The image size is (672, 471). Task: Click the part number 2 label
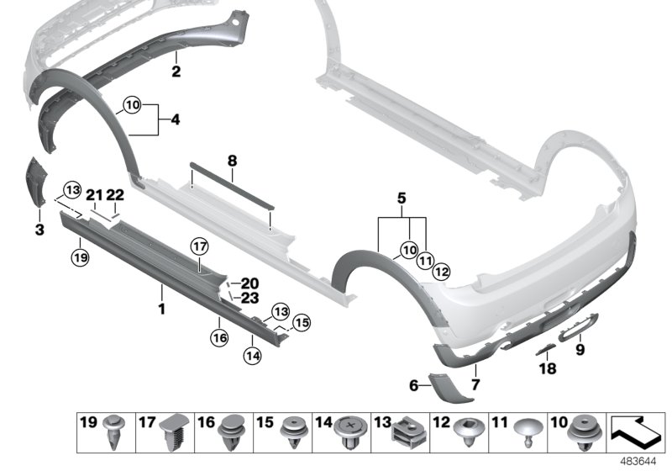[176, 71]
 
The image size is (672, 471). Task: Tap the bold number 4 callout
[175, 119]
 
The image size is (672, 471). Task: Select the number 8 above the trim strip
[232, 161]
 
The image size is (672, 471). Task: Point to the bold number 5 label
[402, 198]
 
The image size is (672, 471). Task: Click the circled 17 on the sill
[200, 246]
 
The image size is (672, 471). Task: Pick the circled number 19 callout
[81, 257]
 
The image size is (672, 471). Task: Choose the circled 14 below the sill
[253, 355]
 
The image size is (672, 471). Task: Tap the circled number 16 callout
[219, 338]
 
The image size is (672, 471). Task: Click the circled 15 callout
[302, 323]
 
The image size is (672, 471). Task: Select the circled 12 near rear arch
[442, 271]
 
